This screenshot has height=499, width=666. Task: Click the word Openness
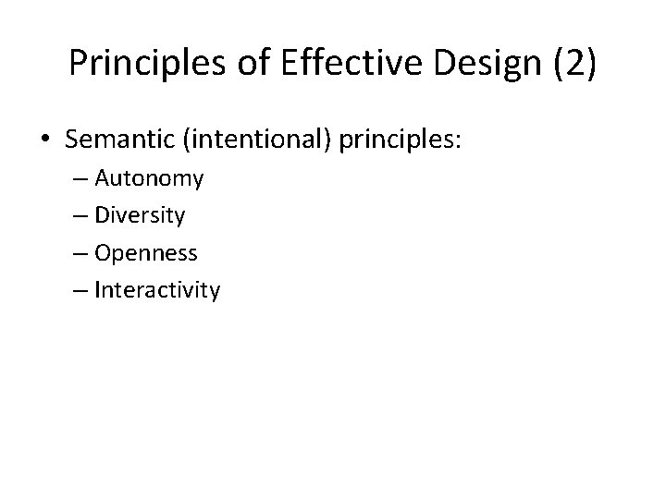coord(146,253)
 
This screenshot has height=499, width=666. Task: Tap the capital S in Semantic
coord(73,139)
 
